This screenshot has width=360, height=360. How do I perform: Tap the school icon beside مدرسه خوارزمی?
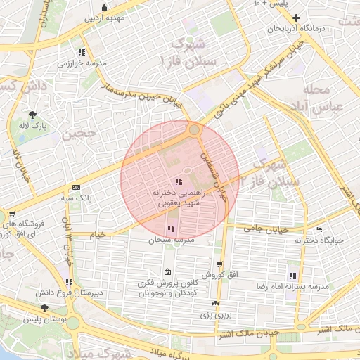[82, 52]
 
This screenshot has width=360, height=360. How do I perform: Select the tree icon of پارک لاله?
[33, 115]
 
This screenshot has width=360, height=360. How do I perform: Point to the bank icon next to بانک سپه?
[76, 187]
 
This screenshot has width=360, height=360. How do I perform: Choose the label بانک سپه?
[96, 199]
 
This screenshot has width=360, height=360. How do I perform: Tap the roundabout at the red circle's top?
[194, 129]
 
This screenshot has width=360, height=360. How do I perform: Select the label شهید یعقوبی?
[179, 202]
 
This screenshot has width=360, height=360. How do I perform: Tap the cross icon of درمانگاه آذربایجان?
[297, 18]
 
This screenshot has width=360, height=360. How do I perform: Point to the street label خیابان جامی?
[264, 229]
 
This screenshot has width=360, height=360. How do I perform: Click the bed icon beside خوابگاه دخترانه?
[319, 229]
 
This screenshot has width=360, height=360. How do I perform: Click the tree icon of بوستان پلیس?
[45, 308]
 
